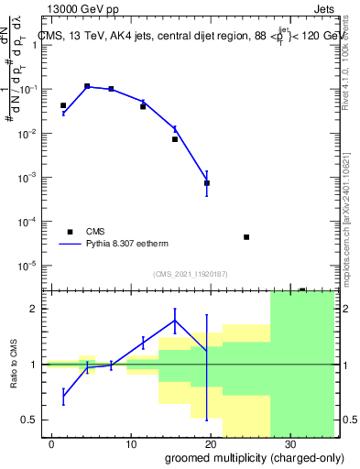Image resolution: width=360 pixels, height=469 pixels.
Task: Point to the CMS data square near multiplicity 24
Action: point(246,237)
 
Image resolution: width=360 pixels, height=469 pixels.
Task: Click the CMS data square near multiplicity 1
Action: point(63,106)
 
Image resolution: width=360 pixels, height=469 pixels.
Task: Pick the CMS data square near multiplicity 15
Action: point(175,139)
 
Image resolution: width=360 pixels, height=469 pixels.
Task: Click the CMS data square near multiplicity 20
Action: point(207,183)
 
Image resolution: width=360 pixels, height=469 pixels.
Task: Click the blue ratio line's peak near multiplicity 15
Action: point(175,320)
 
